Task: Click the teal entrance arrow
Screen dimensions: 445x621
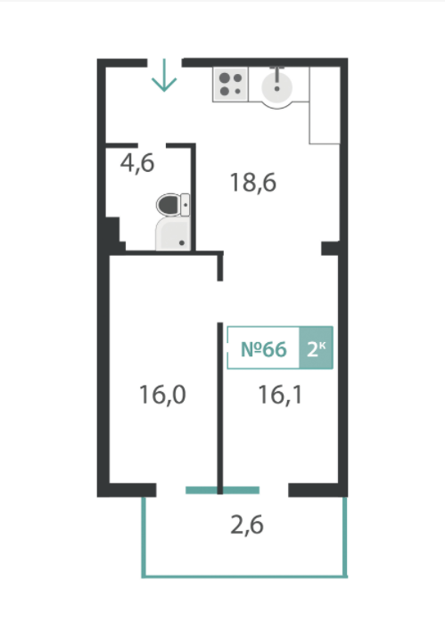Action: (164, 75)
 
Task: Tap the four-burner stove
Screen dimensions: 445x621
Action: (231, 85)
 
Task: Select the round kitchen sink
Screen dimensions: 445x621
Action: (277, 87)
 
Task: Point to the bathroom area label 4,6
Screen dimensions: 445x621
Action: (137, 163)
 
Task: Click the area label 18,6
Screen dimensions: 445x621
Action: (252, 183)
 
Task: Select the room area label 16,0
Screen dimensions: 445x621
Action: (162, 395)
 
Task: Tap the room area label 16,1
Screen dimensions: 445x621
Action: (280, 395)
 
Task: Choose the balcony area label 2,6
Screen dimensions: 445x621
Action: (247, 526)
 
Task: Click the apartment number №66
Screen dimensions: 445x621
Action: (263, 349)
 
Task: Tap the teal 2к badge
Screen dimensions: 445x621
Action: (316, 348)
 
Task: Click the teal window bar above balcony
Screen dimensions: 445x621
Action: (222, 490)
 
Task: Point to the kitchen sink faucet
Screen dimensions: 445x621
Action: (277, 78)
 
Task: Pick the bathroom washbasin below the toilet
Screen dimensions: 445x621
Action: (173, 233)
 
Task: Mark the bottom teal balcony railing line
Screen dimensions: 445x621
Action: (244, 576)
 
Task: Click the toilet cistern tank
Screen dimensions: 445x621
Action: (185, 205)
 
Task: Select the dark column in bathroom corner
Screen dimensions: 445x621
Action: (112, 234)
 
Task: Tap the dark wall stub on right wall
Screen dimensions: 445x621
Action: (330, 248)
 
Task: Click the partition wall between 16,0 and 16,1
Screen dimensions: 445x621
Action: (220, 408)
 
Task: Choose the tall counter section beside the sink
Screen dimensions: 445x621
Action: (325, 105)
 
